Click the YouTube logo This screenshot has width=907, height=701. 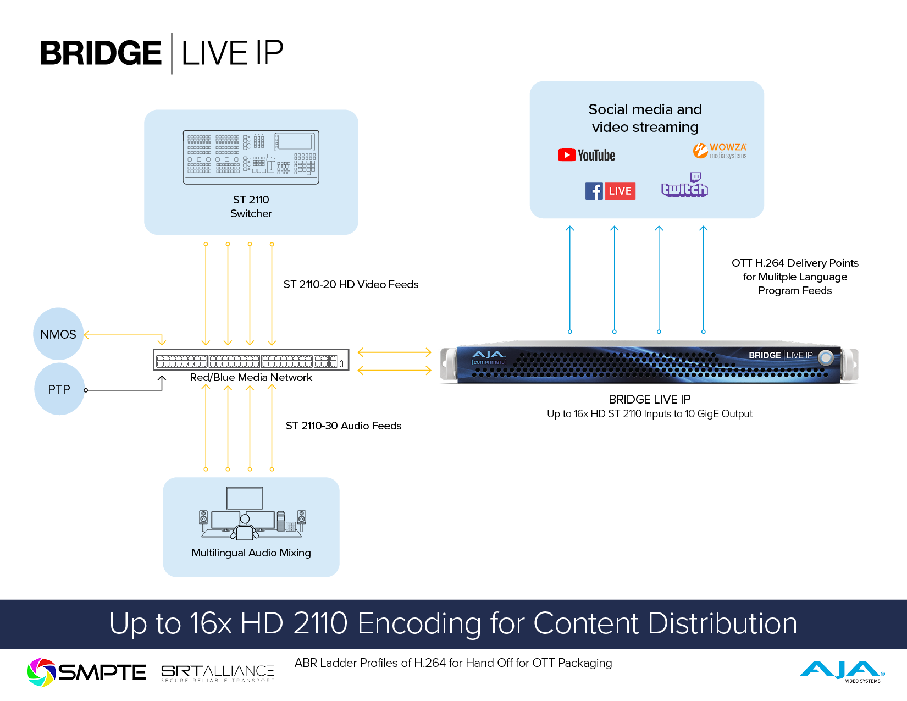tap(586, 155)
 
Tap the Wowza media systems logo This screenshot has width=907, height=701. tap(720, 151)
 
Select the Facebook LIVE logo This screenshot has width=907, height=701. tap(610, 191)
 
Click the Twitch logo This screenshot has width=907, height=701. tap(684, 186)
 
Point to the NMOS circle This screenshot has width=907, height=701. tap(58, 334)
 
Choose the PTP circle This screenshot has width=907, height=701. tap(59, 389)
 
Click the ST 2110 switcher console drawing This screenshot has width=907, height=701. tap(251, 157)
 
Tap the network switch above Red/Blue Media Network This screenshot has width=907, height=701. tap(251, 361)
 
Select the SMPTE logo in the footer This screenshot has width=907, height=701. tap(87, 672)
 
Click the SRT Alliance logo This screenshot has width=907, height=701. tap(218, 673)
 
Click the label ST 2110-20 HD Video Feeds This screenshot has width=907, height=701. tap(351, 284)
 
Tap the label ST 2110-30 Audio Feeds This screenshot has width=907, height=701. tap(344, 426)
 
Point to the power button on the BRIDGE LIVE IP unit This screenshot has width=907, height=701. tap(825, 358)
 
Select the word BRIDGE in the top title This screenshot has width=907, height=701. tap(101, 53)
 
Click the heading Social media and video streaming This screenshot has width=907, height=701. tap(645, 118)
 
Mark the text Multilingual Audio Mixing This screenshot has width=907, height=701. tap(251, 553)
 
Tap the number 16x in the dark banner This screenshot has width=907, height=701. tap(211, 623)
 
